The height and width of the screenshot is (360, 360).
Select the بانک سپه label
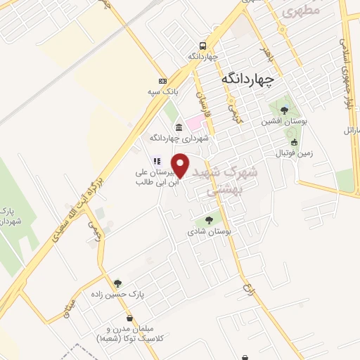click(x=168, y=91)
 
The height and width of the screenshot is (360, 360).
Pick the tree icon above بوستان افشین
click(x=283, y=110)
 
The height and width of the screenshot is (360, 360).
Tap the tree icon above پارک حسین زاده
click(x=117, y=283)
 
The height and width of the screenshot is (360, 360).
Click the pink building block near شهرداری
click(x=195, y=124)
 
